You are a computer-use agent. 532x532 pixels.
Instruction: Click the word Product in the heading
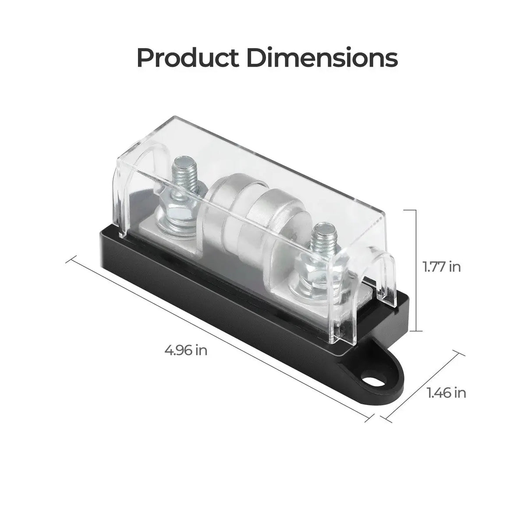pyautogui.click(x=188, y=57)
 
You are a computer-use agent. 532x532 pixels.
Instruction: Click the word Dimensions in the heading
pyautogui.click(x=322, y=57)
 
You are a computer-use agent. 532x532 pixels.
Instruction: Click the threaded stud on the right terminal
pyautogui.click(x=322, y=240)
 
